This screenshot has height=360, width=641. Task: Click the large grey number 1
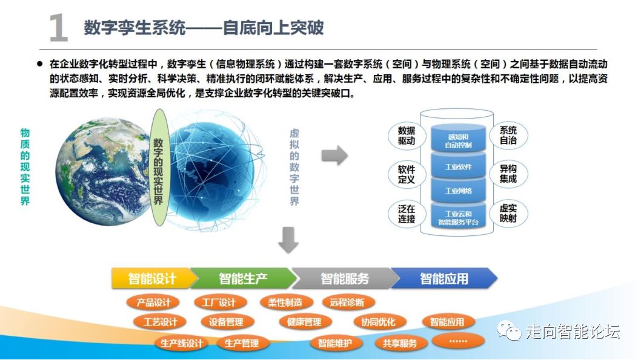click(x=58, y=28)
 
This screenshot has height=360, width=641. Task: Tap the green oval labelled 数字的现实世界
click(x=158, y=168)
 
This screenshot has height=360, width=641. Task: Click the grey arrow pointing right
click(x=334, y=155)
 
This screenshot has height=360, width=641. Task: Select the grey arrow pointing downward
click(x=288, y=241)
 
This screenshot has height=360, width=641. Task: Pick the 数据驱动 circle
click(x=407, y=136)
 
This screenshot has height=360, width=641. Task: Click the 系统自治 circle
click(x=508, y=136)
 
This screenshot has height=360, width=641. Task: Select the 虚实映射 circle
click(x=508, y=214)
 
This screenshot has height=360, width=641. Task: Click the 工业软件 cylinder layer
click(x=458, y=167)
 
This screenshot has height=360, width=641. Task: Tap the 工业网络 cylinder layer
click(x=458, y=191)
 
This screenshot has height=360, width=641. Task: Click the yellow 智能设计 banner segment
click(x=151, y=278)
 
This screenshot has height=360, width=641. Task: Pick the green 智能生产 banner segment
click(x=242, y=278)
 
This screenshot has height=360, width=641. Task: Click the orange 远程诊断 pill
click(x=348, y=302)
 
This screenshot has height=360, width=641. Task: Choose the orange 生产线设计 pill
click(x=181, y=344)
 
